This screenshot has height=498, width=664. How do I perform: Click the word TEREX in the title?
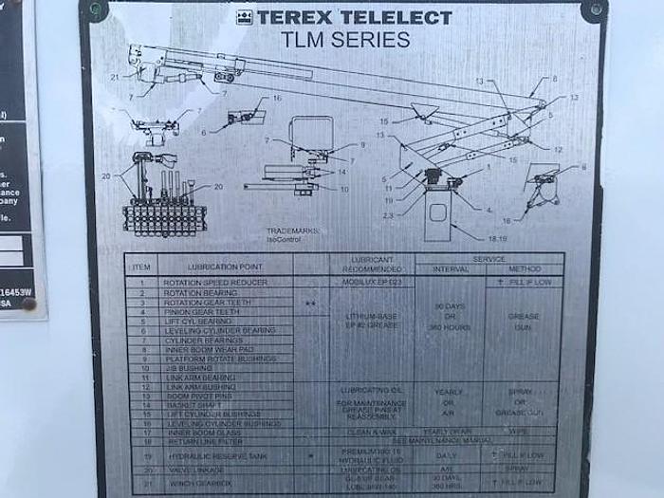click(x=293, y=16)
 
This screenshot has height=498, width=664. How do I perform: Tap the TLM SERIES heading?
click(x=345, y=40)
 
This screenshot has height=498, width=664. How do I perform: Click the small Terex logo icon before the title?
click(x=244, y=16)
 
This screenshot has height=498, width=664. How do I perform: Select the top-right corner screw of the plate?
click(x=595, y=9)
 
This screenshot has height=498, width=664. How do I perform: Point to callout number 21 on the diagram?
click(x=116, y=78)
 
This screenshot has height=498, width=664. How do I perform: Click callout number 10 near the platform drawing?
click(x=344, y=189)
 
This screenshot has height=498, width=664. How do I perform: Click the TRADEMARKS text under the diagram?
click(x=293, y=231)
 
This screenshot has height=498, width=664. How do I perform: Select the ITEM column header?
click(x=141, y=267)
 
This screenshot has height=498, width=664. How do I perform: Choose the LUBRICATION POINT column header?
click(x=226, y=267)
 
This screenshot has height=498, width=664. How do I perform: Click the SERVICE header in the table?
click(x=489, y=258)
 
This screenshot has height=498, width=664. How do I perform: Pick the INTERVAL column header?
click(x=451, y=268)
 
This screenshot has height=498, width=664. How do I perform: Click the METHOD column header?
click(x=524, y=268)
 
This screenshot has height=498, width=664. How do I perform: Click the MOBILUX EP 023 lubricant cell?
click(x=372, y=283)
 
